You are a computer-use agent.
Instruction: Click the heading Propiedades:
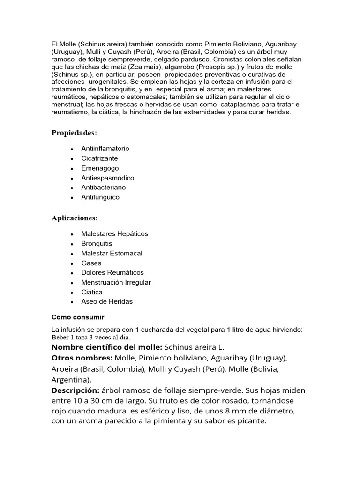74,133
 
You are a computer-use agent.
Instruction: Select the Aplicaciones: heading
75,218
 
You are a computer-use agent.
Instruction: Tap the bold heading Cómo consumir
78,317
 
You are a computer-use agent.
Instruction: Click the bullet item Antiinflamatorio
105,149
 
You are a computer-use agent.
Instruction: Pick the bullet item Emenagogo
100,168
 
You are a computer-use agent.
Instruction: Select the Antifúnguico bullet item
100,197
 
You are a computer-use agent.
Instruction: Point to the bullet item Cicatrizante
99,158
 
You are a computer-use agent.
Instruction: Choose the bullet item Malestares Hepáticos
114,234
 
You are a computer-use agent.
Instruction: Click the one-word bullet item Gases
91,263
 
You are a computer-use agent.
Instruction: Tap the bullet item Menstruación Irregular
116,283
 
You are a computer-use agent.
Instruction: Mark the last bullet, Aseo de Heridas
107,302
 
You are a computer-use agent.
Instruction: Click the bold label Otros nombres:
82,358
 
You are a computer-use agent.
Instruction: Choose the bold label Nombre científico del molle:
107,347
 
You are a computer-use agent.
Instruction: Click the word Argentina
70,380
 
